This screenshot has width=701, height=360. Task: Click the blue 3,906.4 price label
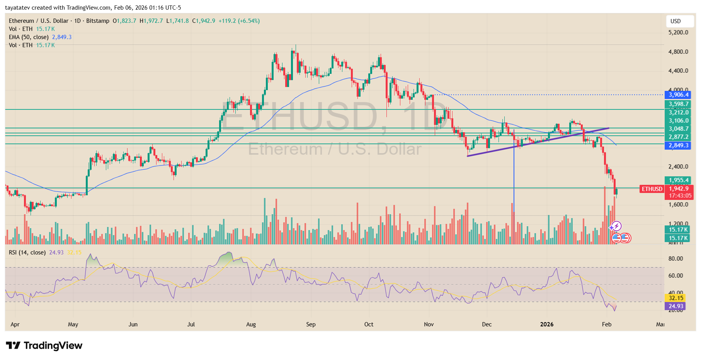tap(678, 95)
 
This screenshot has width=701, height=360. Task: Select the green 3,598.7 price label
tap(678, 104)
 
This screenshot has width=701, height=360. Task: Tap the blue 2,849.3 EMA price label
tap(678, 145)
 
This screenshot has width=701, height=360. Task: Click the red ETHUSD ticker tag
tap(652, 189)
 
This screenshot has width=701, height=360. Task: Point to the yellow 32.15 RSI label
tap(676, 298)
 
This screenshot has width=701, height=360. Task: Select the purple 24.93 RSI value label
tap(676, 306)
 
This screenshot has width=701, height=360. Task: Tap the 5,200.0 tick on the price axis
tap(678, 32)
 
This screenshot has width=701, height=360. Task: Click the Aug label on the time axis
tap(251, 324)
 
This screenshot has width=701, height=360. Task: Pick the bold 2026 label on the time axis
tap(546, 324)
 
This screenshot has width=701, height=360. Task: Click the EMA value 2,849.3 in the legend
tap(62, 37)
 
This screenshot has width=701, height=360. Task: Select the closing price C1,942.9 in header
tap(204, 21)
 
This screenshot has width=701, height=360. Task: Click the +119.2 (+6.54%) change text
tap(239, 21)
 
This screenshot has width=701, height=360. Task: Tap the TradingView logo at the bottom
tap(44, 345)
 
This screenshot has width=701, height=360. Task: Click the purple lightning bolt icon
tap(616, 226)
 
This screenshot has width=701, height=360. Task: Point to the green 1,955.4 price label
tap(678, 180)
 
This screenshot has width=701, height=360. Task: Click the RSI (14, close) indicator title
tap(27, 253)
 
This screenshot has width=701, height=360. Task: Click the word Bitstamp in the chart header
tap(98, 21)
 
